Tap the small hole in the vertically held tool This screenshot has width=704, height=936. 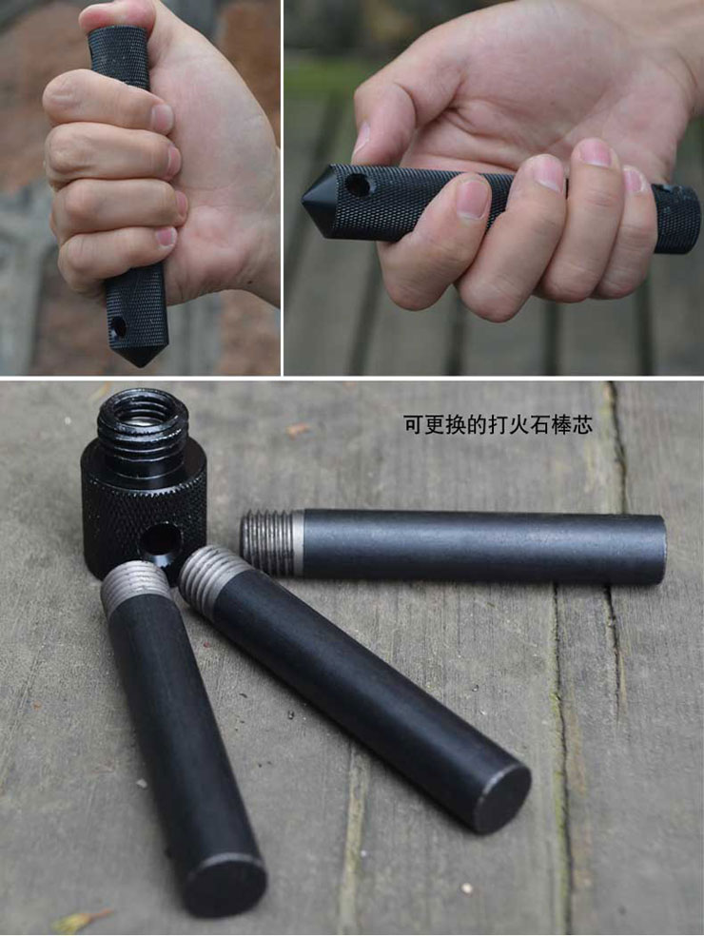click(117, 328)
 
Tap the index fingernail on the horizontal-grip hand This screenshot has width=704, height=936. click(473, 199)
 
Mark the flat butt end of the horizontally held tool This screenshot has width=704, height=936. click(692, 217)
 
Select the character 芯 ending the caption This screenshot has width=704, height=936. click(582, 425)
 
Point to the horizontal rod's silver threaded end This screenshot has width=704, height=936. click(270, 542)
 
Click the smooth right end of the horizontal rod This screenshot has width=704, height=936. click(656, 550)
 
